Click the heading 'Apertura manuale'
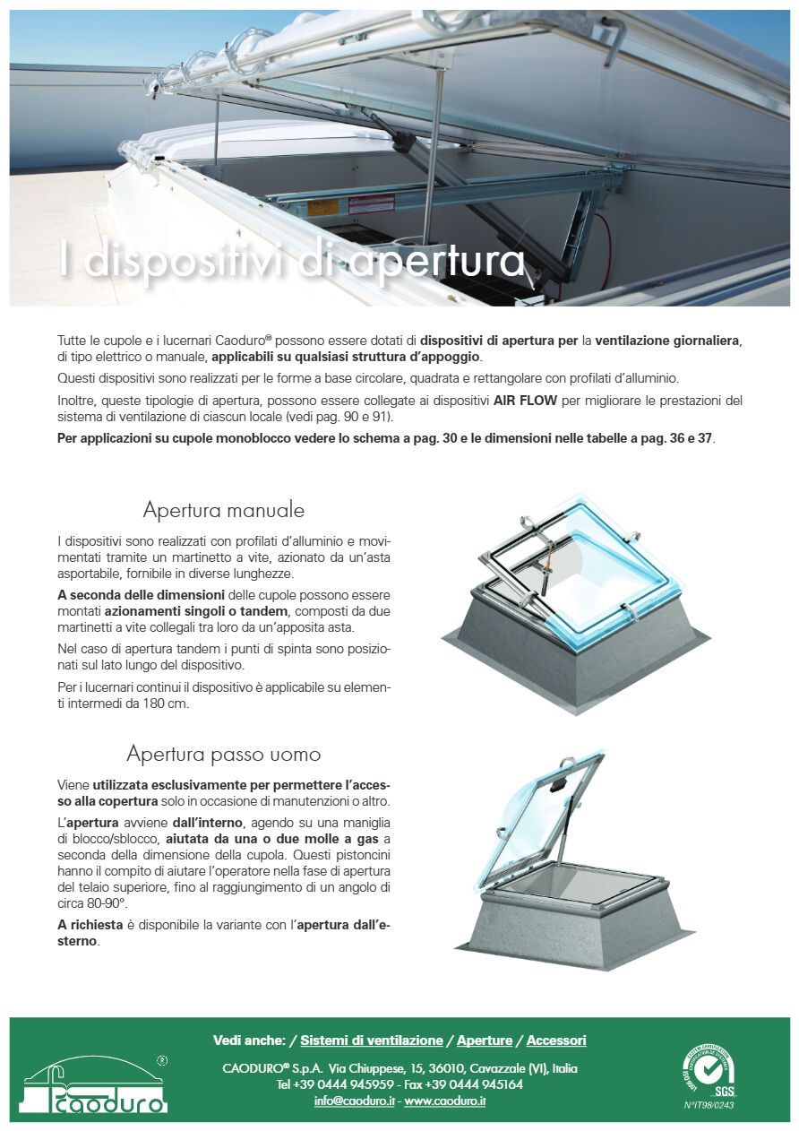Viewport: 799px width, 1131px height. coord(224,511)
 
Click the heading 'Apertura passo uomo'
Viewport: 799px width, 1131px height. coord(224,753)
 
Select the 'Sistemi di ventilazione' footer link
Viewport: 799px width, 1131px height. coord(372,1040)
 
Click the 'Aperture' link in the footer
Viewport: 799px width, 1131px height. coord(485,1040)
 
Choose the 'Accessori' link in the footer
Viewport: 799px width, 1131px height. coord(556,1040)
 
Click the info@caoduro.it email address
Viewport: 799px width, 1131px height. coord(354,1101)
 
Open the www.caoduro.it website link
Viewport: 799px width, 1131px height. coord(445,1101)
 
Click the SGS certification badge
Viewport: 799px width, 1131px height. coord(709,1070)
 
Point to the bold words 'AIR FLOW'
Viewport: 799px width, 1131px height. coord(521,401)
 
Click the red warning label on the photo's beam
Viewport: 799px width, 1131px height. coord(371,204)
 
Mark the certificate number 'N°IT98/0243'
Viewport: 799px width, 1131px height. coord(709,1105)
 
